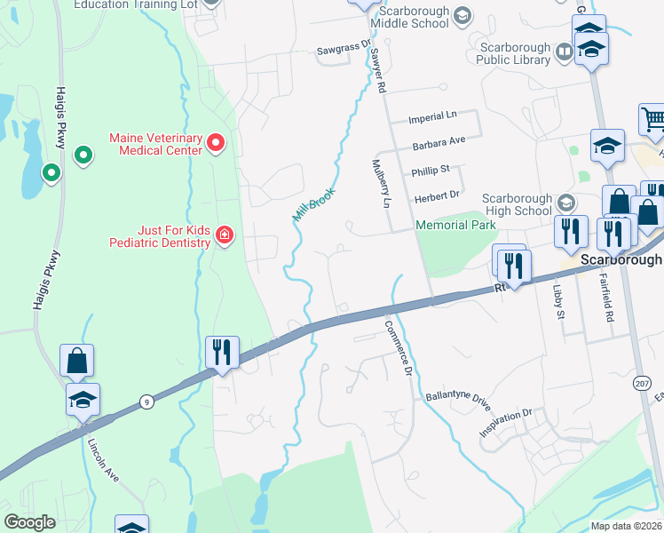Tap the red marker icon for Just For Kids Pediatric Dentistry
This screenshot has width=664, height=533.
tap(225, 235)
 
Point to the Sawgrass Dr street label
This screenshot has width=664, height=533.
tap(343, 53)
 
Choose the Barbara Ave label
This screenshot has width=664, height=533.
tap(439, 142)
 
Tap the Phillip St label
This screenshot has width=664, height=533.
tap(431, 169)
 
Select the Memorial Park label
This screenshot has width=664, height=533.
tap(455, 226)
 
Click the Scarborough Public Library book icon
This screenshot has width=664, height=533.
tap(563, 53)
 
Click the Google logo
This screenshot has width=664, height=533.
tap(30, 522)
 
